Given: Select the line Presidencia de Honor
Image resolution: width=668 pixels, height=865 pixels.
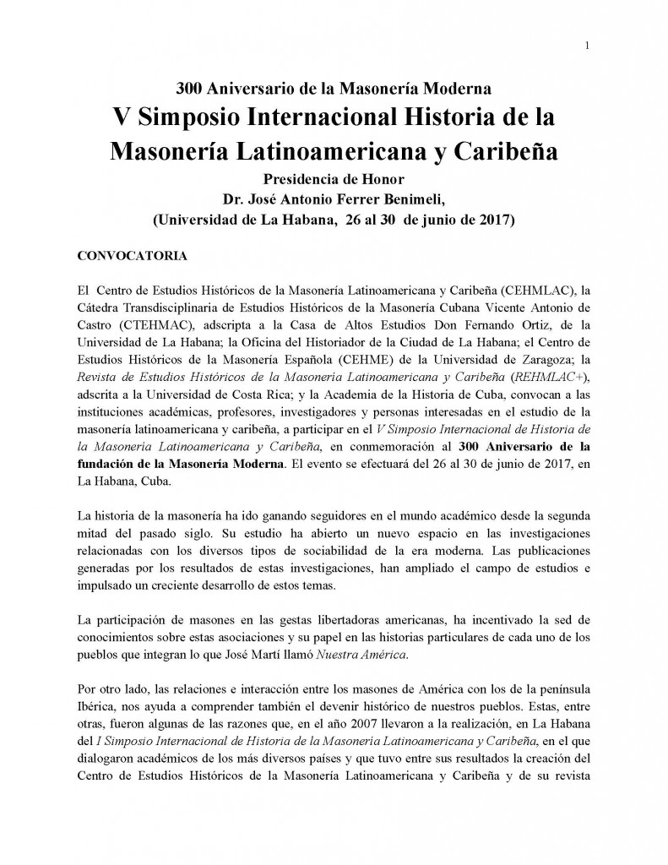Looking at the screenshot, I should [x=334, y=180].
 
